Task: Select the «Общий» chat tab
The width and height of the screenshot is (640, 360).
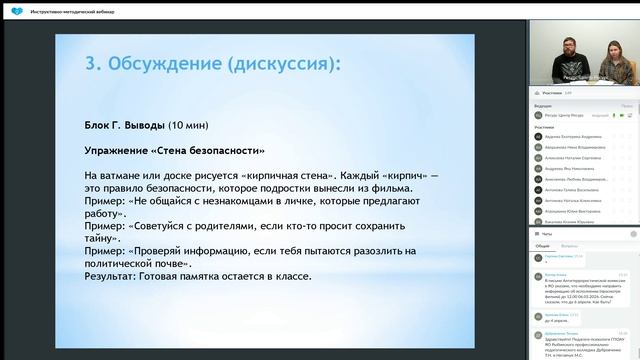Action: [542, 245]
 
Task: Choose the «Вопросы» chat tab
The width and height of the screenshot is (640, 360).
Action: [569, 245]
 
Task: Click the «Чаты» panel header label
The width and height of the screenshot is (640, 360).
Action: [546, 232]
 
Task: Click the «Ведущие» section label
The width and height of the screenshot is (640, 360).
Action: [543, 105]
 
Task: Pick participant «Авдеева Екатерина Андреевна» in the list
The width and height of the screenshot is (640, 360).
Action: [579, 137]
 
